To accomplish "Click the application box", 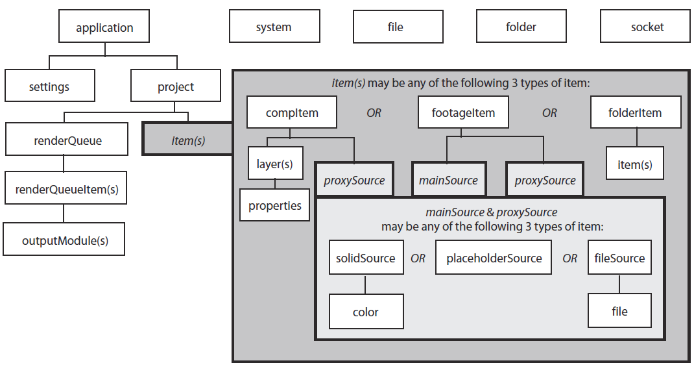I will point(104,28).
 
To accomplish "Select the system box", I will point(274,27).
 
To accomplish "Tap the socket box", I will point(647,27).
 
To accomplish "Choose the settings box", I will point(49,86).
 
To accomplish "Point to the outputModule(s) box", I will point(65,240).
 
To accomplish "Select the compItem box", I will point(292,113).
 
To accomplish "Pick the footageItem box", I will point(463,113).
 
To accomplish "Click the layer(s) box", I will point(275,164).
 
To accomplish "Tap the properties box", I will point(275,206).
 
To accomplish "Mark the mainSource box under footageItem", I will point(448,180).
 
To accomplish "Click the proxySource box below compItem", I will point(354,180).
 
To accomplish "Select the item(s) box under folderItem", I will point(635,164).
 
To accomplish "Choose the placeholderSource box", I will point(494,258).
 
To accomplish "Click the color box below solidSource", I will point(366,312).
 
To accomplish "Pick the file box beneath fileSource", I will point(619,312).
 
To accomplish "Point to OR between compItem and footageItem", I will point(374,113).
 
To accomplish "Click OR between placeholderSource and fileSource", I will point(570,258).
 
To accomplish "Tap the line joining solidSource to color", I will point(366,284).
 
